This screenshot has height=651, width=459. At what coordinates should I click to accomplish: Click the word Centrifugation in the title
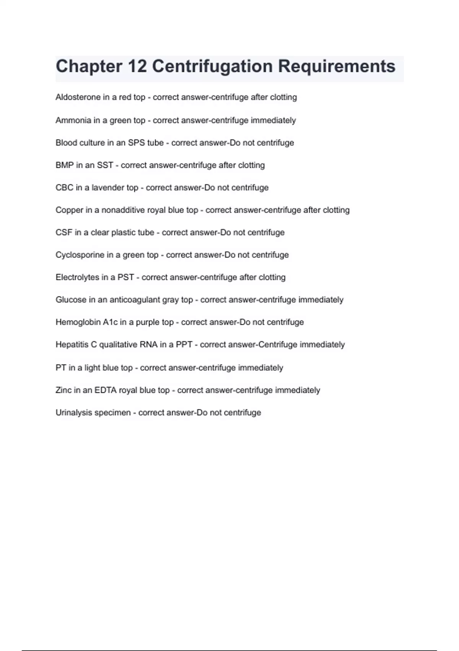click(x=212, y=66)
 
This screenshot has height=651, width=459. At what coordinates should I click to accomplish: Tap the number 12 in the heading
click(x=137, y=66)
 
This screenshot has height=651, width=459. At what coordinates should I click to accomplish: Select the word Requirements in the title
click(x=337, y=66)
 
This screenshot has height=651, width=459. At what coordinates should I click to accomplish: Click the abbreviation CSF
click(x=63, y=232)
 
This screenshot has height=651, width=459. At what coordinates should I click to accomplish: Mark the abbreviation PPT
click(x=184, y=345)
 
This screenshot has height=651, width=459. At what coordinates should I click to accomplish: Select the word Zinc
click(x=63, y=390)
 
